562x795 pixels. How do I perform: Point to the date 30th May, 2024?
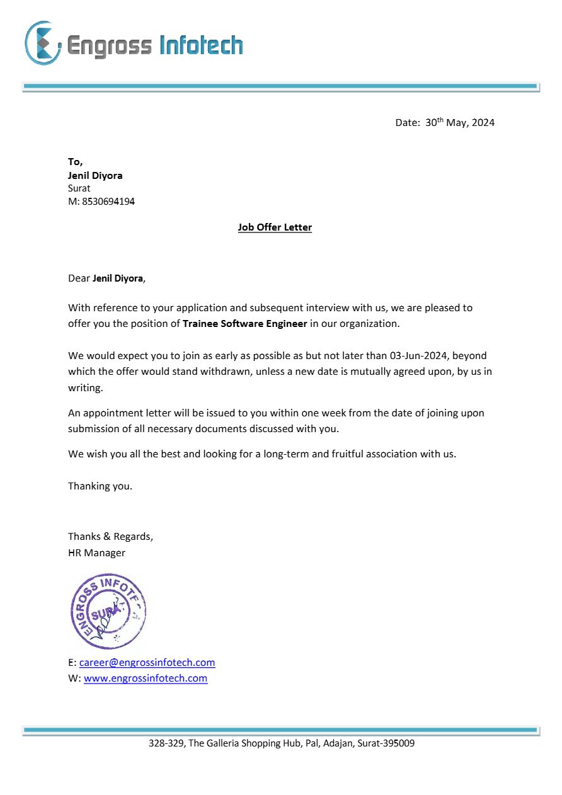click(459, 123)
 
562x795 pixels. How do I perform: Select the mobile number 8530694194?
click(108, 202)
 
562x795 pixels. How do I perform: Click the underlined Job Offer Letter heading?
click(275, 227)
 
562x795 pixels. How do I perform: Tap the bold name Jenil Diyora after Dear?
click(118, 278)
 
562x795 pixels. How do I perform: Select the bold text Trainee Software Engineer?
click(245, 323)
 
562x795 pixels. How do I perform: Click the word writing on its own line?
click(84, 388)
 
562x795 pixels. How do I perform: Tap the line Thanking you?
click(100, 486)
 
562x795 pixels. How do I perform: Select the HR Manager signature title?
click(96, 552)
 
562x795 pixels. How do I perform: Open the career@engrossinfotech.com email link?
click(147, 662)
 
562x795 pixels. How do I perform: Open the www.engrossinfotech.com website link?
click(146, 678)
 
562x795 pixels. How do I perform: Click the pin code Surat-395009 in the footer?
click(386, 743)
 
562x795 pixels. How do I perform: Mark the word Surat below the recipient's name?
click(79, 188)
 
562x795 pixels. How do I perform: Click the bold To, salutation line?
click(75, 162)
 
